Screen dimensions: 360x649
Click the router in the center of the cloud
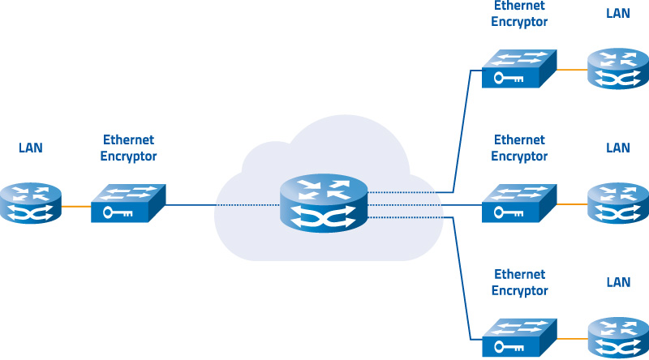coord(324,203)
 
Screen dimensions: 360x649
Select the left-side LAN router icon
coord(31,204)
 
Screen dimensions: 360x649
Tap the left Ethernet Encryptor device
coord(128,204)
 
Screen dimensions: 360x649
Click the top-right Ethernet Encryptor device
coord(519,69)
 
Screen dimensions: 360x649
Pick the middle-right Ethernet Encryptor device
coord(519,203)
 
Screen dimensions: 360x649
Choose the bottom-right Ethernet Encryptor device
coord(519,336)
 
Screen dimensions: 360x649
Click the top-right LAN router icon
coord(617,68)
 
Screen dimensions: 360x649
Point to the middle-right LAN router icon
coord(617,203)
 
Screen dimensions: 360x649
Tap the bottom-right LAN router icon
coord(617,337)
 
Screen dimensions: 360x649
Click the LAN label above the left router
coord(31,148)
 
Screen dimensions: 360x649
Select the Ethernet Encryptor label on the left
coord(128,148)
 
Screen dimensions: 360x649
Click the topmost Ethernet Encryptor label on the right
coord(519,14)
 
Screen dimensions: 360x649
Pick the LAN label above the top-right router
coord(618,14)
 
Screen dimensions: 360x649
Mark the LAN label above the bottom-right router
coord(618,282)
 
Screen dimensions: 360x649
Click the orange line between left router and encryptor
coord(76,206)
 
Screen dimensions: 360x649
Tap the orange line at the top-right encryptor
coord(571,71)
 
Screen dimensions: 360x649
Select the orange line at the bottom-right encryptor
coord(571,338)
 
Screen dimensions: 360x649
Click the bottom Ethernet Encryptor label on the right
coord(519,282)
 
